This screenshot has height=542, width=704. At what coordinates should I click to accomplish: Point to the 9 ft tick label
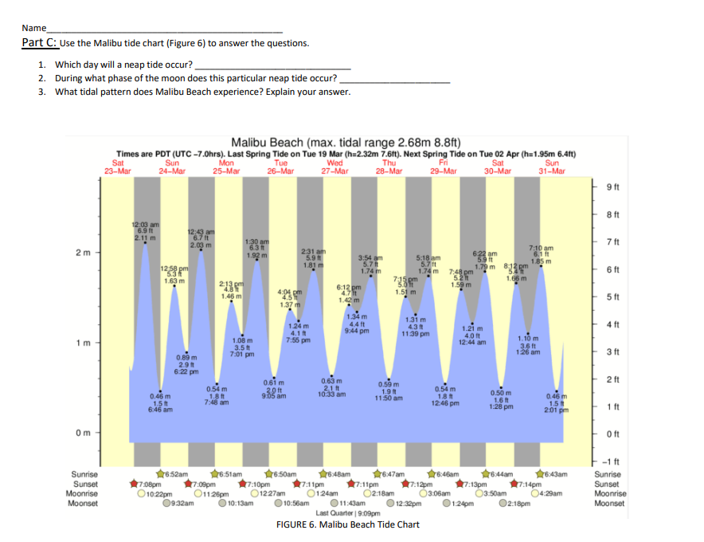(612, 188)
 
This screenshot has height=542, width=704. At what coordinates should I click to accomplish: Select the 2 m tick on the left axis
(84, 253)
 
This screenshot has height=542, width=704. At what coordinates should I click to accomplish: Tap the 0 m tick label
(84, 433)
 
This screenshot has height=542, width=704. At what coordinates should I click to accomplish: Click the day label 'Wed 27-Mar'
(334, 167)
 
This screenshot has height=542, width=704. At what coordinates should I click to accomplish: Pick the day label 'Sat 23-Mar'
(118, 167)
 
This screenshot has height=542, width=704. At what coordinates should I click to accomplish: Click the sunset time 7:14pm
(526, 483)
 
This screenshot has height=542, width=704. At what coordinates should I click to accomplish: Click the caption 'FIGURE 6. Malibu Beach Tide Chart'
(347, 524)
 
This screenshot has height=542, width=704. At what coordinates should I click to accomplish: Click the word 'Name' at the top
(34, 28)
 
